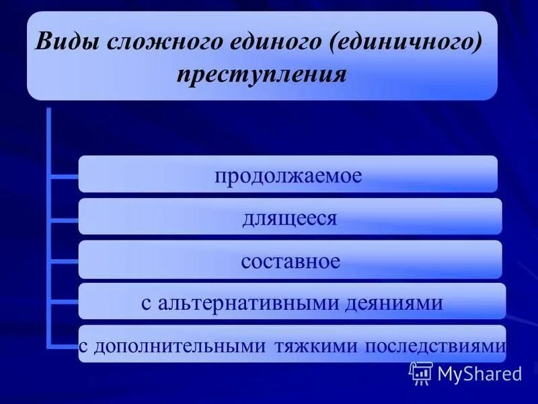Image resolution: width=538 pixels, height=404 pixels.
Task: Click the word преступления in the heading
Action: click(262, 73)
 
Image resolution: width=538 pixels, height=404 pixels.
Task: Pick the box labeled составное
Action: click(290, 260)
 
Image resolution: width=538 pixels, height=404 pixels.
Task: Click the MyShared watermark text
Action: click(479, 373)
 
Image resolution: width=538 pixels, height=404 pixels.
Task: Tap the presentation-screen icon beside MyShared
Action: click(420, 372)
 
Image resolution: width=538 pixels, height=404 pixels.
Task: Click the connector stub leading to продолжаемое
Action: click(64, 176)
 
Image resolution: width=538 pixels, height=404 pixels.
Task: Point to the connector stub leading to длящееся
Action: click(64, 218)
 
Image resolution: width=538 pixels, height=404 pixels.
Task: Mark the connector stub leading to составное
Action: click(64, 260)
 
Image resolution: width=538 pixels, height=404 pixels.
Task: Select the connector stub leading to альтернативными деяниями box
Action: click(64, 302)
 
